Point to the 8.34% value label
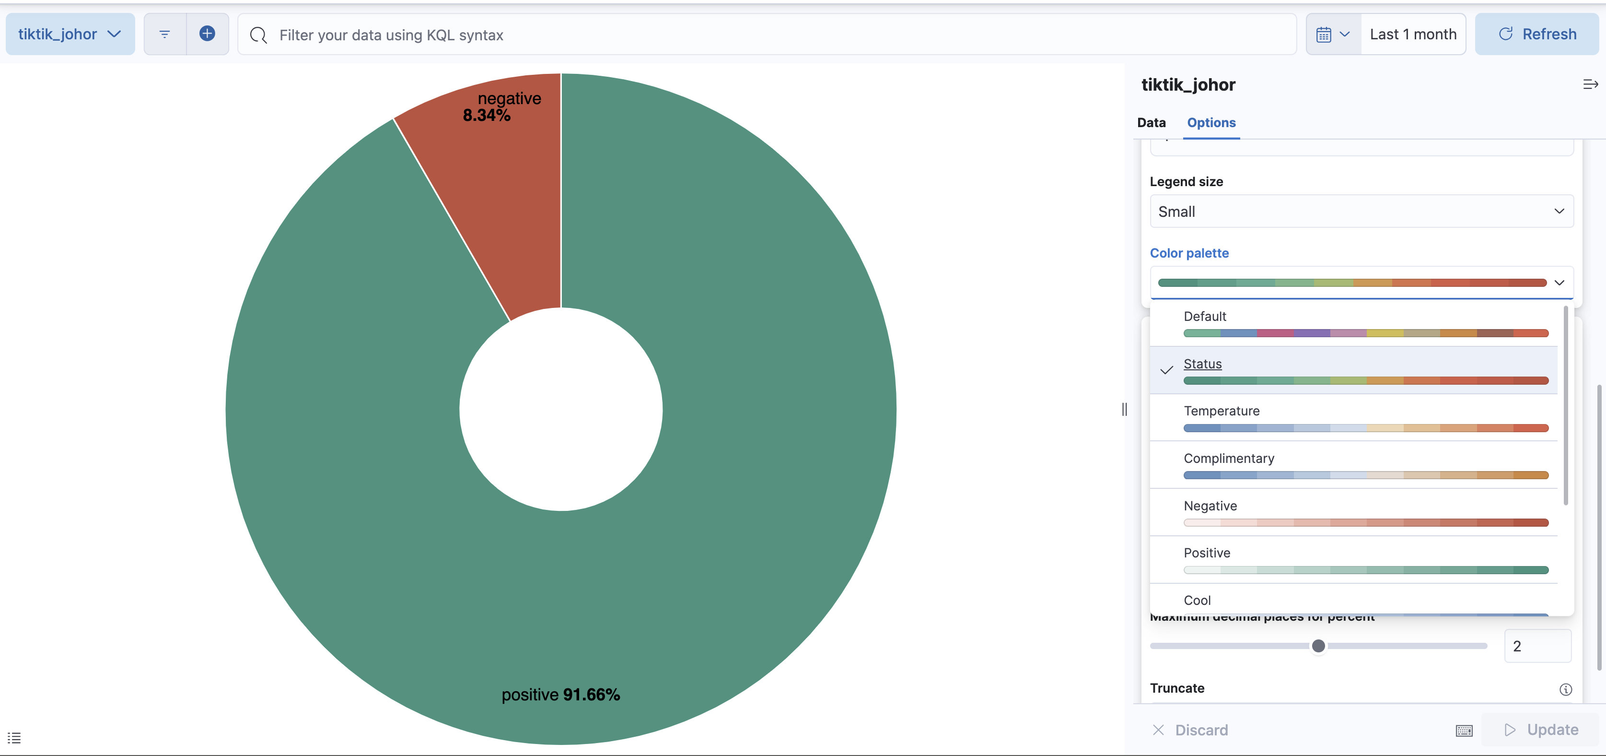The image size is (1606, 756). pos(486,116)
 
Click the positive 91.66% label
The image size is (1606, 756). pos(560,694)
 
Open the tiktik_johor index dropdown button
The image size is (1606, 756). pos(70,35)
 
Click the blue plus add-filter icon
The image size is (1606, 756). pos(207,34)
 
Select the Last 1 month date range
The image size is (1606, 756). pos(1413,35)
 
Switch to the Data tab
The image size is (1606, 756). pos(1151,122)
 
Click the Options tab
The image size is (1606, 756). pos(1211,122)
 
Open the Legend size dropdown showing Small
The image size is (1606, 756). pos(1361,212)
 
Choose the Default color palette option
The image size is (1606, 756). pos(1365,323)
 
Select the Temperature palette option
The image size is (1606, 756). pos(1365,418)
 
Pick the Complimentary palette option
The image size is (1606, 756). pos(1365,465)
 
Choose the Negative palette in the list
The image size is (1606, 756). pos(1365,513)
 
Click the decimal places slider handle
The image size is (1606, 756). pos(1318,646)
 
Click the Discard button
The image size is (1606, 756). pos(1190,730)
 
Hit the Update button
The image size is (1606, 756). pos(1541,729)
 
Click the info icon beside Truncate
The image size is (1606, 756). pos(1565,689)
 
